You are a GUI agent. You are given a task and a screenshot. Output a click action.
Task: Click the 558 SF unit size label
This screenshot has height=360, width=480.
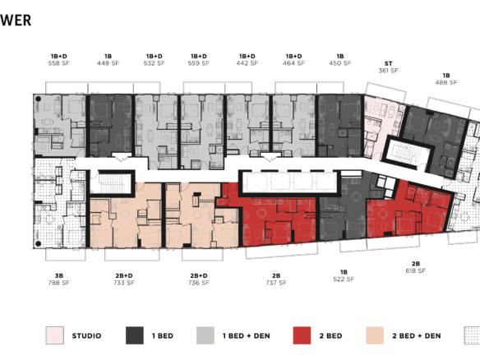pos(60,63)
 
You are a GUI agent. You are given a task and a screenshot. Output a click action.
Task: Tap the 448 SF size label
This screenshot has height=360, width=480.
pos(108,63)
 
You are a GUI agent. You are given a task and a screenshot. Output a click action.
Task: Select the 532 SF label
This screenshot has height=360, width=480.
pos(154,63)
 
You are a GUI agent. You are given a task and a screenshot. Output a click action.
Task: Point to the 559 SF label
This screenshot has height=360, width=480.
pos(198,63)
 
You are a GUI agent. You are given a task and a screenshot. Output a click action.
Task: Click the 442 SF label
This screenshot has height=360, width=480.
pos(247,63)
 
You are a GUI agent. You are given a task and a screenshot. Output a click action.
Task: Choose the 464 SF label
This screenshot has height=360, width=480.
pos(293,63)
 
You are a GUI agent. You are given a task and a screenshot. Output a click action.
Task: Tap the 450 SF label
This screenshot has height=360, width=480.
pos(339,63)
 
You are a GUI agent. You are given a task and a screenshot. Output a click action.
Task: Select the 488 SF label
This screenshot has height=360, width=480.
pos(446,81)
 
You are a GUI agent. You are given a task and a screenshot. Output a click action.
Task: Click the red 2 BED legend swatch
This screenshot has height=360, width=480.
pos(302,335)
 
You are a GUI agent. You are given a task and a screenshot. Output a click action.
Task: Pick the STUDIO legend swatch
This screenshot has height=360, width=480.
pos(54,335)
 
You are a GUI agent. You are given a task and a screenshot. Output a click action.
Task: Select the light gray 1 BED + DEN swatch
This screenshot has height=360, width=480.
pos(205,335)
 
